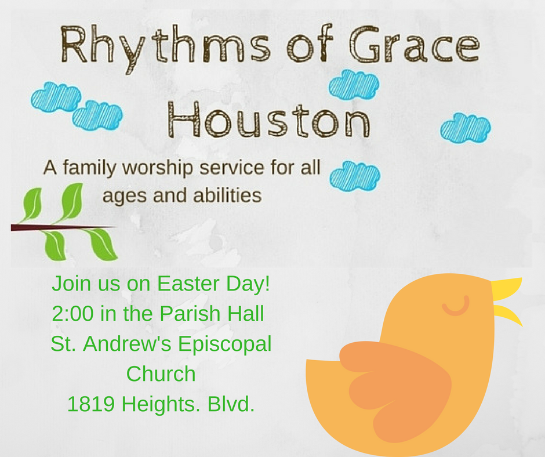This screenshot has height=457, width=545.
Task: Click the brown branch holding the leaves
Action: click(58, 227)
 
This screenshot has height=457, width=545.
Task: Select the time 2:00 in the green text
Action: click(73, 314)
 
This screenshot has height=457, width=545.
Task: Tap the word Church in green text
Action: click(161, 374)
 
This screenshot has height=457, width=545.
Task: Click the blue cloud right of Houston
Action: click(466, 127)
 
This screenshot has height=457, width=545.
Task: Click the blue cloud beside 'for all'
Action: click(354, 175)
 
